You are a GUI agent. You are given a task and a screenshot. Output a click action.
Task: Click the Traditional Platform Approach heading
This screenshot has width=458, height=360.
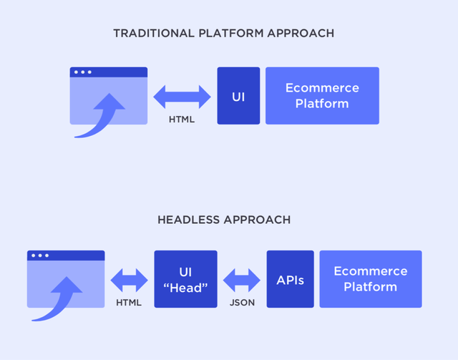(224, 34)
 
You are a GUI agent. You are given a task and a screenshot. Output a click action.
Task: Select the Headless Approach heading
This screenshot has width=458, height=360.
(224, 220)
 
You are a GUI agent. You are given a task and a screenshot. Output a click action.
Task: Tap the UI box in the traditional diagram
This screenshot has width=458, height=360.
(238, 96)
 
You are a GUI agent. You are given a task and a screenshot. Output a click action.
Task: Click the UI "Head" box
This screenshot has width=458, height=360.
(186, 279)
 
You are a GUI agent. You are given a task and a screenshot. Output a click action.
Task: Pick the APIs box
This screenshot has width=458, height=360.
(291, 279)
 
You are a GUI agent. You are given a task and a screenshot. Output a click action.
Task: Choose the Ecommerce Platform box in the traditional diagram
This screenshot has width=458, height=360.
(322, 96)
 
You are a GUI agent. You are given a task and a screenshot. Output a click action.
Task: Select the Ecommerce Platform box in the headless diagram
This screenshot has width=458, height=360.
(371, 279)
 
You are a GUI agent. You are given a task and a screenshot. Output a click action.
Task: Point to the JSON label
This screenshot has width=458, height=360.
(242, 303)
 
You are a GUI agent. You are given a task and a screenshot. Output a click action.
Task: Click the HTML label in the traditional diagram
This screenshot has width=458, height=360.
(182, 120)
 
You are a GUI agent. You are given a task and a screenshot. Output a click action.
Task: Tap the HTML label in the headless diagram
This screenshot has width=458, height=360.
(129, 303)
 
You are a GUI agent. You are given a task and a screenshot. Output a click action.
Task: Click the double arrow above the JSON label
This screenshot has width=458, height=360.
(242, 281)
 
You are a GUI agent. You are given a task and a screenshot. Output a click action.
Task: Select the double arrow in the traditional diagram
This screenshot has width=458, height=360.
(182, 97)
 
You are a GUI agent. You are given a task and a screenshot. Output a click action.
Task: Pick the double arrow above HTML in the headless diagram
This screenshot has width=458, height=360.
(129, 281)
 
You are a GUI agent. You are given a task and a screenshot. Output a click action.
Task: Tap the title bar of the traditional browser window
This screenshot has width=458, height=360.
(109, 72)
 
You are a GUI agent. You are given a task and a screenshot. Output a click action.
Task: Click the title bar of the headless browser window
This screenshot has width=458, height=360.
(66, 256)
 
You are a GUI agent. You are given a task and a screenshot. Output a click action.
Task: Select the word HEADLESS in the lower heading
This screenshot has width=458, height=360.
(189, 220)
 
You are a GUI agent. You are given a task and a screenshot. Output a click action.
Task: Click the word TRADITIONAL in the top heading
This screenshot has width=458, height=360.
(154, 34)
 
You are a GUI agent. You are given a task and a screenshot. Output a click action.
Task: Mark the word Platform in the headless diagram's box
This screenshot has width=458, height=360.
(371, 287)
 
